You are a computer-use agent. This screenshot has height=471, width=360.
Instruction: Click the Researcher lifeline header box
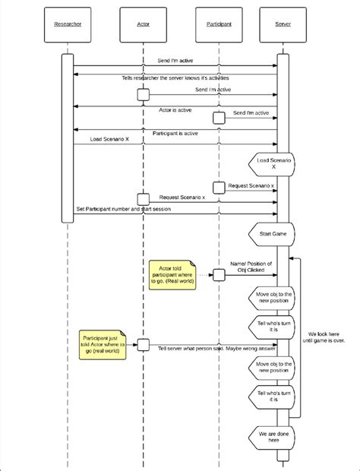tap(68, 24)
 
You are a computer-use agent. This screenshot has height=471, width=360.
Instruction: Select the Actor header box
tap(143, 24)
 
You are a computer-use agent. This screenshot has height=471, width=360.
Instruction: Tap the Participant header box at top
tap(219, 24)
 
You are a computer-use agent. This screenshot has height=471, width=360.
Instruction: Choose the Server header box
tap(283, 24)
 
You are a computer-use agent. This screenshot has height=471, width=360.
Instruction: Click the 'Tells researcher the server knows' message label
tap(175, 78)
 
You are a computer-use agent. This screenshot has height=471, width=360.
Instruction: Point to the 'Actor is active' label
tap(175, 110)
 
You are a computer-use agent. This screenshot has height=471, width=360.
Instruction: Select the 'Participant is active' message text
tap(175, 133)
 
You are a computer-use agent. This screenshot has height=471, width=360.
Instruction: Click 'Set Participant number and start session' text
tap(136, 208)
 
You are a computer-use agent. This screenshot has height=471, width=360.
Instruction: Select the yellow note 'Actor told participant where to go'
tap(172, 275)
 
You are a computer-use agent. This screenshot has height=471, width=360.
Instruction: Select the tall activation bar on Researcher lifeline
tap(67, 137)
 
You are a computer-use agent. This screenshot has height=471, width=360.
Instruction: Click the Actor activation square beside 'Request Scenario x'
tap(143, 198)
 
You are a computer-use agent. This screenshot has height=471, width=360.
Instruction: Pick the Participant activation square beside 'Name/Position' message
tap(219, 274)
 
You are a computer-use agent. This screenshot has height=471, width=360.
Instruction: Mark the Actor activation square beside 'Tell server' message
tap(143, 344)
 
